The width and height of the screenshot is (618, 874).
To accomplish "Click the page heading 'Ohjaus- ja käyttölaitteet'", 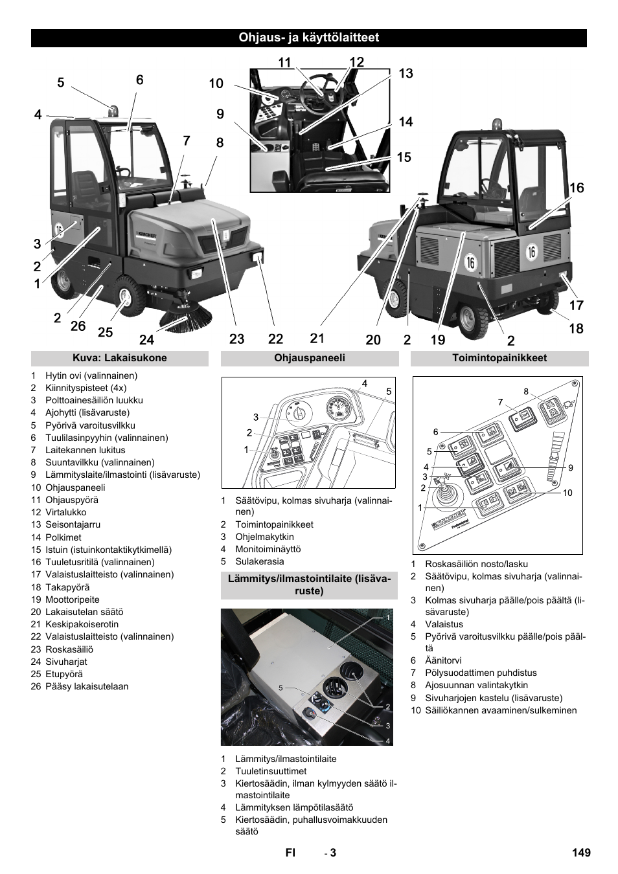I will click(308, 38).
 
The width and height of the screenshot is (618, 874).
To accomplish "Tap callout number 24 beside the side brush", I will click(147, 339).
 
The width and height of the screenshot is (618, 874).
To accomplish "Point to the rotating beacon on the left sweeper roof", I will click(113, 111).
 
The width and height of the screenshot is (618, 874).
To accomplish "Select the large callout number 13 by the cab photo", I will click(406, 74).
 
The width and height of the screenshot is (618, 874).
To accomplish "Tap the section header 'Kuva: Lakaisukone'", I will click(119, 358).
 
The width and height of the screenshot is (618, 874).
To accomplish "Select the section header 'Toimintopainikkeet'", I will click(499, 358).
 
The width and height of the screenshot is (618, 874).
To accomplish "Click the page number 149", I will click(581, 853).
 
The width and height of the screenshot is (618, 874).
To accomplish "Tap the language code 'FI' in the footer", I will click(290, 853).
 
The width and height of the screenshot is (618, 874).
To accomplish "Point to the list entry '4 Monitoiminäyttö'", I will click(259, 549).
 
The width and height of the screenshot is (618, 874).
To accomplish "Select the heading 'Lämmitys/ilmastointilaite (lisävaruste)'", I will click(309, 585).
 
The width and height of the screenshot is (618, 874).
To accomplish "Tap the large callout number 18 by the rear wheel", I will click(576, 328).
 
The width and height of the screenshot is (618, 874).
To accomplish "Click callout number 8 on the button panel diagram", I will click(526, 391).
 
